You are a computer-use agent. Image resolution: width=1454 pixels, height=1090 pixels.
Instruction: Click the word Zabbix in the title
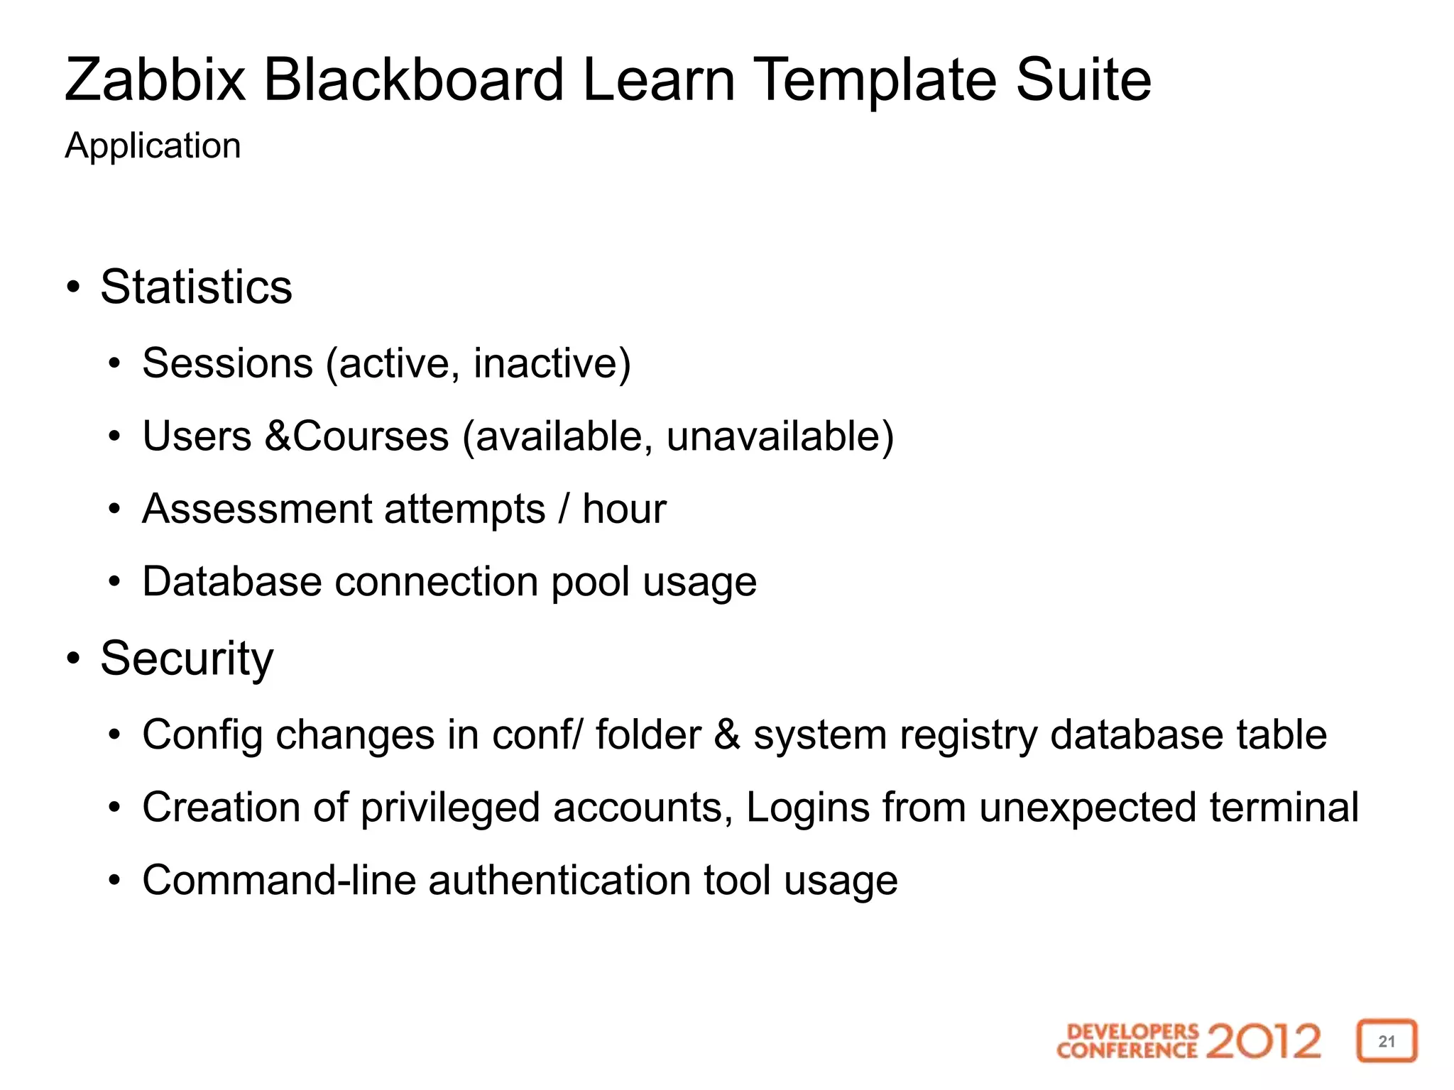(x=155, y=79)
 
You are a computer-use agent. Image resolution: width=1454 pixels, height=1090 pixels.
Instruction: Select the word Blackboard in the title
(x=414, y=79)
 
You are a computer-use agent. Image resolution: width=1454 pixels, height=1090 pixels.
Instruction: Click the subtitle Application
(x=153, y=146)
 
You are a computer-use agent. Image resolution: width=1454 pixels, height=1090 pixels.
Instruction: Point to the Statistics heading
(x=196, y=287)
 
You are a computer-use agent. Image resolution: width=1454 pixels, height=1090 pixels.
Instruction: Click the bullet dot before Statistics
(x=73, y=288)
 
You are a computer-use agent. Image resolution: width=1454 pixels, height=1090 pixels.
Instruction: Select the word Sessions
(x=227, y=363)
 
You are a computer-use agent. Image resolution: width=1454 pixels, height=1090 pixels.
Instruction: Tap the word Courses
(x=371, y=436)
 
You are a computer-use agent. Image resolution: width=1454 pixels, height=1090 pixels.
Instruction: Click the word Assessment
(x=257, y=509)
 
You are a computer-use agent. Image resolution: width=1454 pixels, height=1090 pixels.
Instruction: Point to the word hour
(x=624, y=509)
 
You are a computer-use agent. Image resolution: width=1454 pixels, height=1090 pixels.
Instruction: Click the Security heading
(x=186, y=659)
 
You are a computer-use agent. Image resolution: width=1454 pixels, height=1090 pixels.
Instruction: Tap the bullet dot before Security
(x=73, y=659)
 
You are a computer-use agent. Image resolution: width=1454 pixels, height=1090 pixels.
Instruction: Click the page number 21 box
(x=1387, y=1041)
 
